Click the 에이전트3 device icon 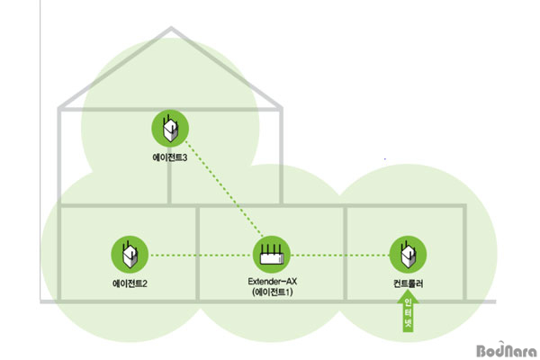coord(170,128)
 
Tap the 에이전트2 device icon coord(130,255)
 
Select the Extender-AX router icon coord(272,255)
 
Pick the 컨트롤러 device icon coord(408,255)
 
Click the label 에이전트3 coord(170,157)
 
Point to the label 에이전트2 coord(130,283)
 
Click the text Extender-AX coord(272,281)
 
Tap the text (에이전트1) coord(272,292)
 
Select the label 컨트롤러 coord(408,283)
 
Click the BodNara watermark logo coord(507,350)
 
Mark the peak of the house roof coord(171,28)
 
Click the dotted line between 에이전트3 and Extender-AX coord(224,189)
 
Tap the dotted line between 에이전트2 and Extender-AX coord(201,256)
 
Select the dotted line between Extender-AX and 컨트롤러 coord(340,256)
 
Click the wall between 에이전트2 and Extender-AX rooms coord(198,253)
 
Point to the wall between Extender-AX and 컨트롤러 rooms coord(345,253)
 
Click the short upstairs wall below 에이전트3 coord(169,183)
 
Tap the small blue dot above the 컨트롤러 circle coord(384,158)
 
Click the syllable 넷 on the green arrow coord(408,324)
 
